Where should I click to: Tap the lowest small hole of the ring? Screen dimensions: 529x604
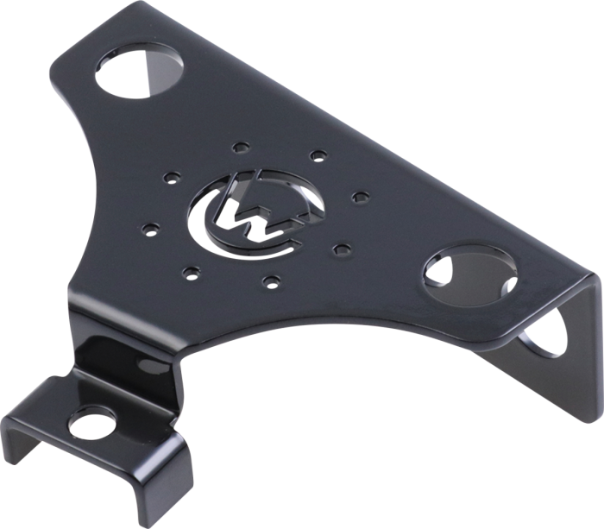pyautogui.click(x=272, y=280)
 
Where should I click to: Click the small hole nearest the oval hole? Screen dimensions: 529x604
pyautogui.click(x=342, y=249)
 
